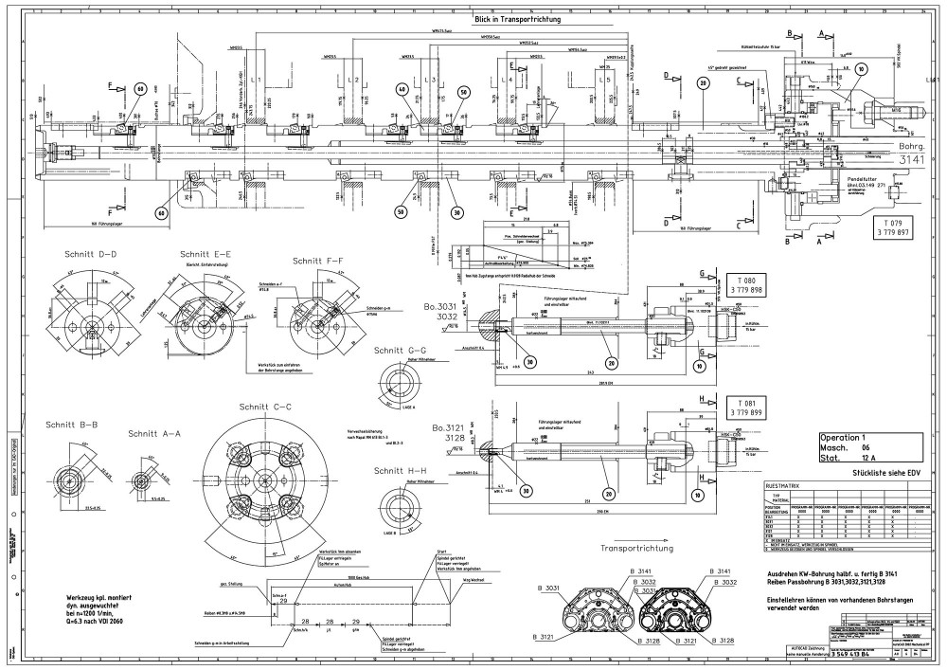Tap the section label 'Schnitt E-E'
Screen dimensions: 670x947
tap(208, 254)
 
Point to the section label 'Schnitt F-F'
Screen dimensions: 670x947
tap(320, 261)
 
